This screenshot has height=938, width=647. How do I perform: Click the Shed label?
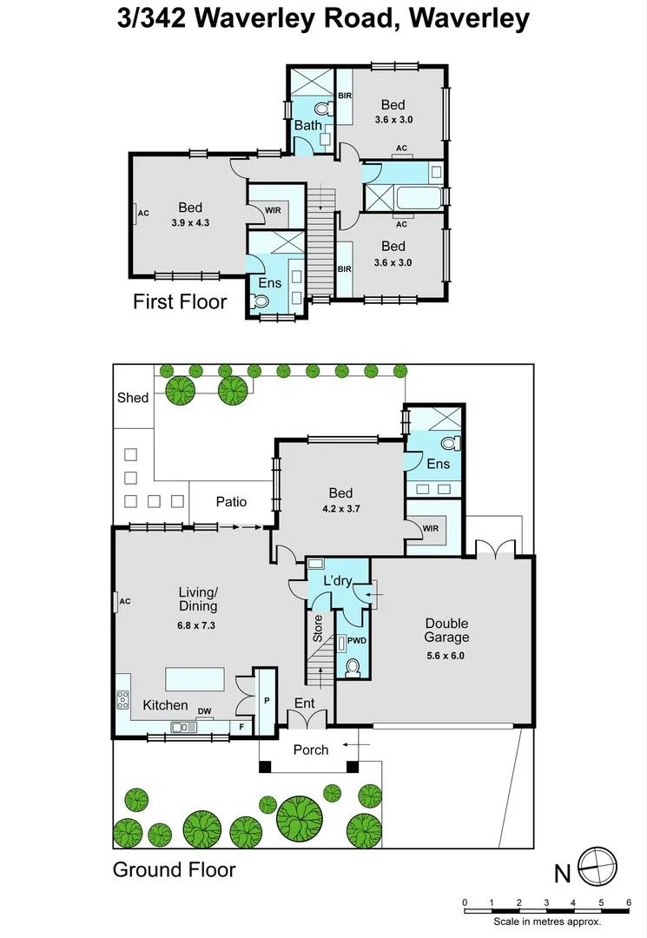(x=133, y=398)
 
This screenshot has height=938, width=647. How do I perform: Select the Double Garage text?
(x=446, y=631)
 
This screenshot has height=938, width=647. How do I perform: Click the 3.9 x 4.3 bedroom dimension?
(x=190, y=222)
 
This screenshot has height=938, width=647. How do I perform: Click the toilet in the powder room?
(x=353, y=667)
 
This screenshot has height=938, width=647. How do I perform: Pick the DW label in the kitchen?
(x=205, y=711)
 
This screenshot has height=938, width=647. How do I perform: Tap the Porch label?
(x=311, y=749)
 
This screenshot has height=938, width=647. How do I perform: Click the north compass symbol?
(x=599, y=865)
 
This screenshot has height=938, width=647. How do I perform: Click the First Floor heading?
(x=179, y=302)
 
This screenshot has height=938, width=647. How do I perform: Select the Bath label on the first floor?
(x=307, y=126)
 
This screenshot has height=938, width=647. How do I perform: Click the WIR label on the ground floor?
(x=430, y=529)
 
